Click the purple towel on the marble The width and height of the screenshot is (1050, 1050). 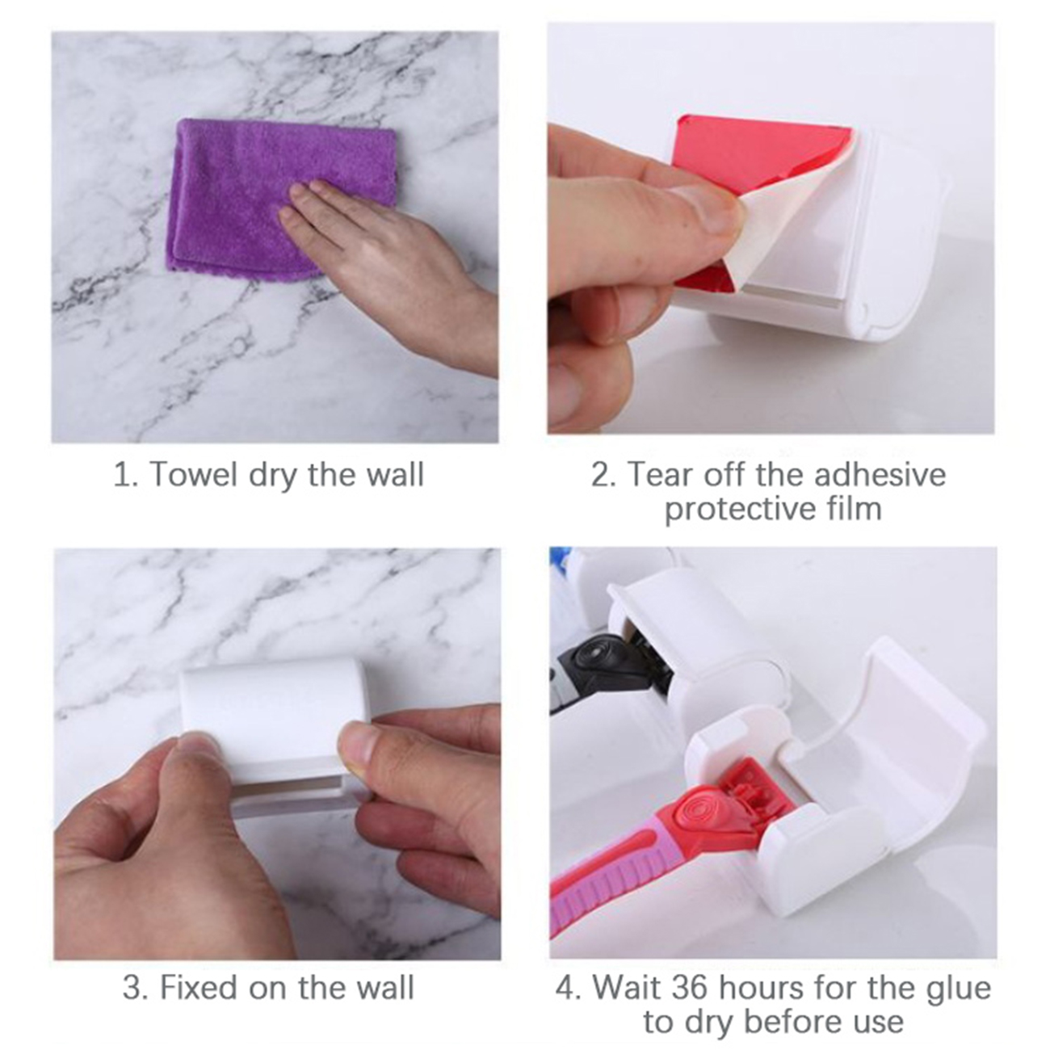[x=246, y=196]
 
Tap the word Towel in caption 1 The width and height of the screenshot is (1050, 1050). [x=195, y=474]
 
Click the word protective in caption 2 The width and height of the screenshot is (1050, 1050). [x=741, y=510]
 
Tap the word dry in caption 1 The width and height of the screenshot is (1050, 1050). [x=273, y=476]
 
